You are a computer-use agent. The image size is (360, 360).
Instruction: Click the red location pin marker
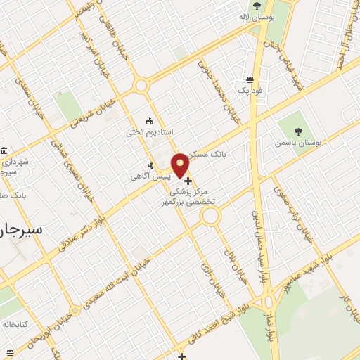(x=181, y=166)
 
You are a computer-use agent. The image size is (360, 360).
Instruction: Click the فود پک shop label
(x=250, y=91)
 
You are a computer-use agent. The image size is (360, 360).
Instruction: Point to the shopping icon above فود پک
(x=250, y=79)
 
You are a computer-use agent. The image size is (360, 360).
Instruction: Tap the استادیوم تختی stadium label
(x=149, y=131)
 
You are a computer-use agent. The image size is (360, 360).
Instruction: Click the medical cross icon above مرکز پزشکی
(x=188, y=181)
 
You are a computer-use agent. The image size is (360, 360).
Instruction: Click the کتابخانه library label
(x=14, y=325)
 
